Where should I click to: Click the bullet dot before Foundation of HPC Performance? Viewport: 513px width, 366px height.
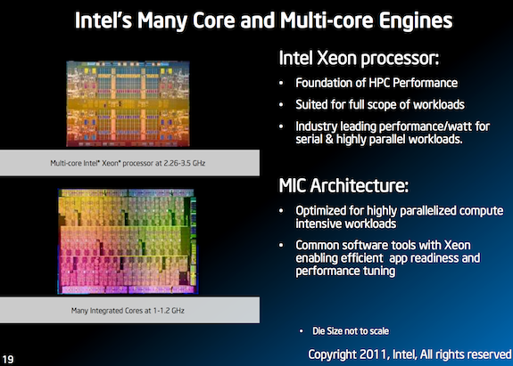pos(285,85)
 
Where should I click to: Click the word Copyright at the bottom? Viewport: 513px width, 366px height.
pos(332,354)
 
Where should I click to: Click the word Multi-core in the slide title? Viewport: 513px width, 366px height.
pos(304,19)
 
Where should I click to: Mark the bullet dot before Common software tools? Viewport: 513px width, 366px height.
pos(285,244)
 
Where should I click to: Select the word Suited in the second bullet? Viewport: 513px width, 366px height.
pos(311,106)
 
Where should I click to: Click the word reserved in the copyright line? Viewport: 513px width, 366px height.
pos(482,354)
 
